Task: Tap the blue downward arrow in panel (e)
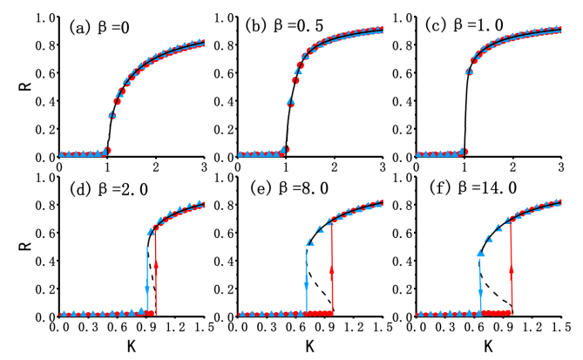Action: point(307,279)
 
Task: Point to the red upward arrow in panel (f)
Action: point(512,270)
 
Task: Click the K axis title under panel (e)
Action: point(309,346)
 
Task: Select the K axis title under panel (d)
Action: point(132,346)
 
